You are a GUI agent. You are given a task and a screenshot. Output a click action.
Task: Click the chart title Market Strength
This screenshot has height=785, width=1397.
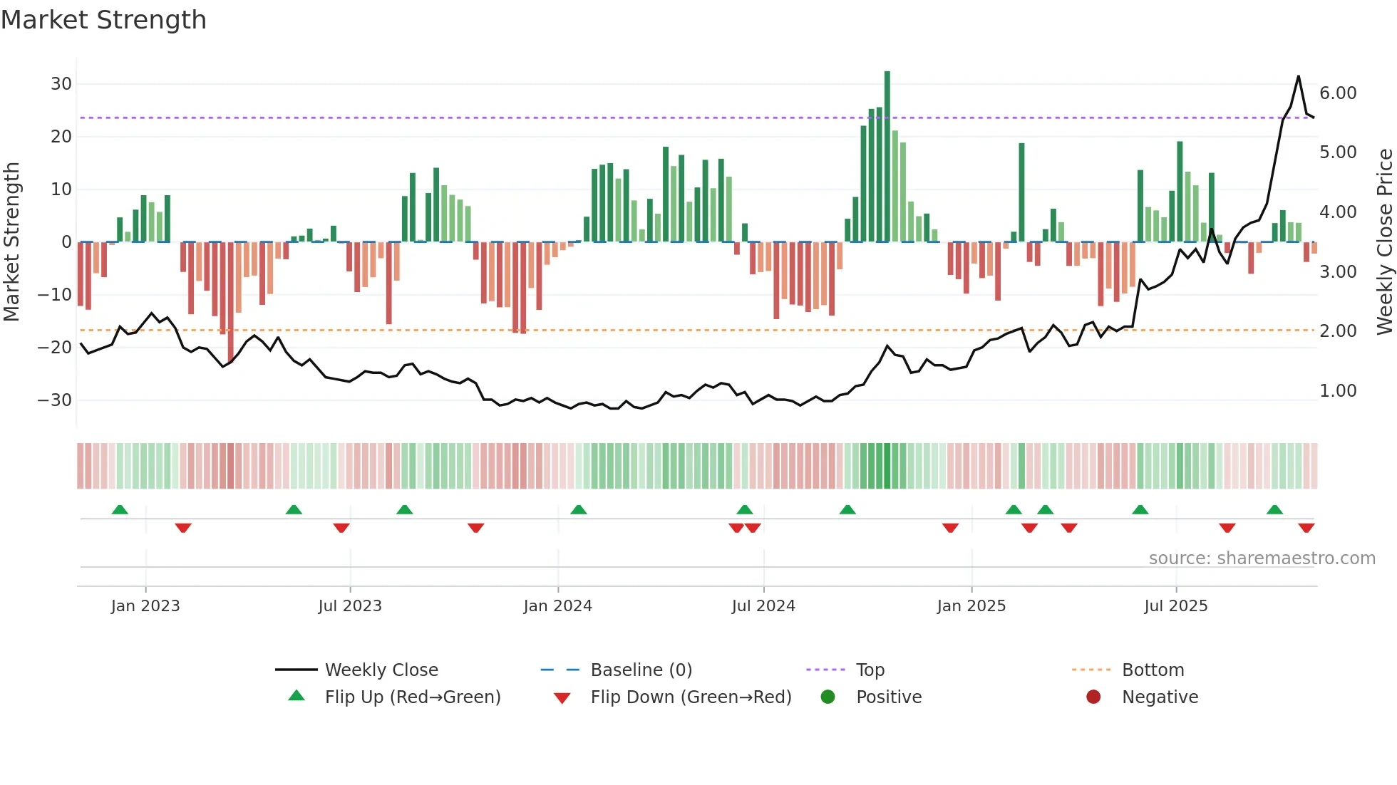[103, 20]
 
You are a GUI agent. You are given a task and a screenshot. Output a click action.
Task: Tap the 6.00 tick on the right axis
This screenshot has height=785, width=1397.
[1338, 93]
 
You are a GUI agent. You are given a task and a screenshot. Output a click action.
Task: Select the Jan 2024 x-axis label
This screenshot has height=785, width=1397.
[557, 606]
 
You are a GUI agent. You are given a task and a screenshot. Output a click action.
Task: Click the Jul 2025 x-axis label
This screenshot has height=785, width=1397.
[1175, 606]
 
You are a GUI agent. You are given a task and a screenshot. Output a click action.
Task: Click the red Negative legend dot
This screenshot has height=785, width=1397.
[1093, 697]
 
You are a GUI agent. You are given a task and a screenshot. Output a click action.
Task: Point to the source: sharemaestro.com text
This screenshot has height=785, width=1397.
[1262, 558]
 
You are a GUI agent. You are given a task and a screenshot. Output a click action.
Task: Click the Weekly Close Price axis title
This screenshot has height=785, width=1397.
[1384, 241]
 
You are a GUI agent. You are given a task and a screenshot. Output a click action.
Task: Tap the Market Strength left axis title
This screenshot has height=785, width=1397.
[11, 241]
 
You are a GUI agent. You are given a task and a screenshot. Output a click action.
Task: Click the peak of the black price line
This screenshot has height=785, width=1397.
[1298, 76]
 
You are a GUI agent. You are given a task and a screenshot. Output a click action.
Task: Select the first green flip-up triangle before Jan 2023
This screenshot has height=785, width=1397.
[120, 509]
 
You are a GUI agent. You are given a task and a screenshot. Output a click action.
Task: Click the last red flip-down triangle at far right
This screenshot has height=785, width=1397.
[1306, 528]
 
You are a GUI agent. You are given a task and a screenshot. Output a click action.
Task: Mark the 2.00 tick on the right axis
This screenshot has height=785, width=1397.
[1338, 331]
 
